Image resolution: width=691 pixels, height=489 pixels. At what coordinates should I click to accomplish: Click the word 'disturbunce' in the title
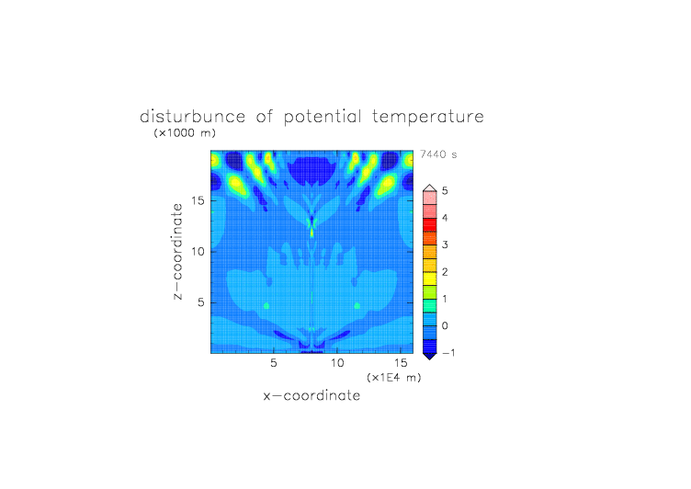click(192, 117)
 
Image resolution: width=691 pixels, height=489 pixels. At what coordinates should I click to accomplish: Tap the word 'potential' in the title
click(323, 118)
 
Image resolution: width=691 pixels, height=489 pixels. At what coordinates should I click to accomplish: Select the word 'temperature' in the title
click(428, 118)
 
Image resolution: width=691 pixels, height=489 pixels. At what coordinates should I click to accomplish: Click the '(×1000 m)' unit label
click(185, 132)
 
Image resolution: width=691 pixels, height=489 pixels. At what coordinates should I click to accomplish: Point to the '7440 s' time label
click(438, 154)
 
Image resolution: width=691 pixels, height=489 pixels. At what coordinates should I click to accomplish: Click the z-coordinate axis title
click(177, 252)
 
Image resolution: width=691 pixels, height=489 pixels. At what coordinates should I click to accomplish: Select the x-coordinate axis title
click(312, 395)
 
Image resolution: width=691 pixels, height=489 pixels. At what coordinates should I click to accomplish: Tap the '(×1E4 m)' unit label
click(394, 378)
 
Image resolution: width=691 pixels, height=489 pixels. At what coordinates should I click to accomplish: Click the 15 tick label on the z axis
click(198, 200)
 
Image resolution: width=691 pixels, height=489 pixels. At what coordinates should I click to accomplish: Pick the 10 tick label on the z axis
click(198, 252)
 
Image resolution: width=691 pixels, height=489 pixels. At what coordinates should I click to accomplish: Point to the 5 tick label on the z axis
click(201, 302)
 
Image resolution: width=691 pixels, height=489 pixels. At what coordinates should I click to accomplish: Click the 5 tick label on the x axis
click(274, 363)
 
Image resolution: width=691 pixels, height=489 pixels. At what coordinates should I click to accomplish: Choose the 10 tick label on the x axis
click(337, 363)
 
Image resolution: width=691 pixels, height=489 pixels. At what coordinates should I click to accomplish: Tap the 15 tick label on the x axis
click(401, 363)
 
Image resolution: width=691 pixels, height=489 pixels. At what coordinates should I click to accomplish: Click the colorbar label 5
click(445, 191)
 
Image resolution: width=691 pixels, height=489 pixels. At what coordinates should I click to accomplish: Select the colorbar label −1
click(448, 353)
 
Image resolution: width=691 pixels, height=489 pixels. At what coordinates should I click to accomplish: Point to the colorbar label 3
click(445, 244)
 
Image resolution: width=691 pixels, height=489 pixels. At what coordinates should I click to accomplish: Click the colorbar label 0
click(445, 326)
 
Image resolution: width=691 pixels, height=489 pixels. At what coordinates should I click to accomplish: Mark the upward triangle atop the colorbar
click(430, 188)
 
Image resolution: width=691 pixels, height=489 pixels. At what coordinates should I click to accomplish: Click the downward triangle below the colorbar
click(430, 357)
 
